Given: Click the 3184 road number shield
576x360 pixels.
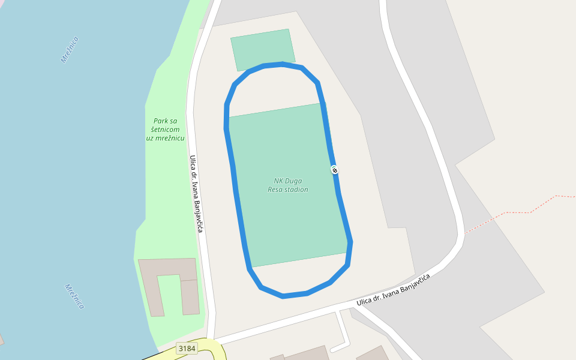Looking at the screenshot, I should (187, 349).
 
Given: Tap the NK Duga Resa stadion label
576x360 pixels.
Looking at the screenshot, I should (288, 185).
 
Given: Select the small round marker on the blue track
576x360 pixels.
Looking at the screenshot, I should (334, 170).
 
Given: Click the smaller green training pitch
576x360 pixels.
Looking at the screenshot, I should (263, 49).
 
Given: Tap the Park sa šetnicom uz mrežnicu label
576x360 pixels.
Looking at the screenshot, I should (165, 130).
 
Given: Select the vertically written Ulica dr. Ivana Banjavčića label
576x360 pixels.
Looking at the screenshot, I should (197, 194).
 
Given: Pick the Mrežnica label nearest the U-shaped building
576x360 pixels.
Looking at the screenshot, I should (74, 296).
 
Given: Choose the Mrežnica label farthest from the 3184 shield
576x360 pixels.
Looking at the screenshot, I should (70, 50).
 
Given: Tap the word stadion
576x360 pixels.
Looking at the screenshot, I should (296, 190).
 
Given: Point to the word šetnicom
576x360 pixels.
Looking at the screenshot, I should (166, 130).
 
